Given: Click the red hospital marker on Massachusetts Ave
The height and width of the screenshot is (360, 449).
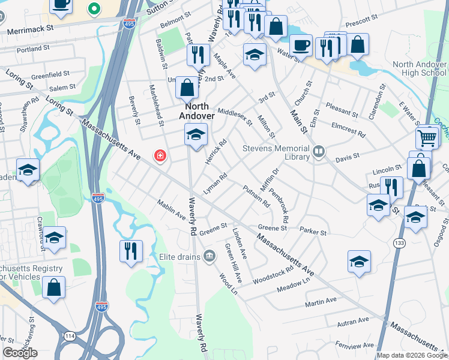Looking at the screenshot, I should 160,156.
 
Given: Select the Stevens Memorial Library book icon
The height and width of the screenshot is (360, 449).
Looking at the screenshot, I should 319,152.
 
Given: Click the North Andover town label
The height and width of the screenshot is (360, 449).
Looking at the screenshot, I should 196,110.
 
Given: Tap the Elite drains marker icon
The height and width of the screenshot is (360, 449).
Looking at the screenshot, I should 209,257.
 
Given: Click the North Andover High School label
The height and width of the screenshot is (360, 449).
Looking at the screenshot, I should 420,68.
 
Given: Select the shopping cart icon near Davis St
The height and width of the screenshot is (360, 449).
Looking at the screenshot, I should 427,138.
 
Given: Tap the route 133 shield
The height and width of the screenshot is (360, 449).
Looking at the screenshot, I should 399,242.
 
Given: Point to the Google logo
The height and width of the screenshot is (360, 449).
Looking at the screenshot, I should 20,353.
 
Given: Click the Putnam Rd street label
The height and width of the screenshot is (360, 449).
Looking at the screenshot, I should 256,196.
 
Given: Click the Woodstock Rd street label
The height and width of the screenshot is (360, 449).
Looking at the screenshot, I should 273,274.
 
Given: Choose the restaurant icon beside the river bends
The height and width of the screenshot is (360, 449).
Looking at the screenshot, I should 131,251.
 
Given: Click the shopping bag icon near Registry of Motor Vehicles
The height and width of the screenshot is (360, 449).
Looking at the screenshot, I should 54,287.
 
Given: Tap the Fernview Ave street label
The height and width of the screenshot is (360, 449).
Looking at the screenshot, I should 356,346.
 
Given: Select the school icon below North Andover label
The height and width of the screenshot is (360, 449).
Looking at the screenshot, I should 196,135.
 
